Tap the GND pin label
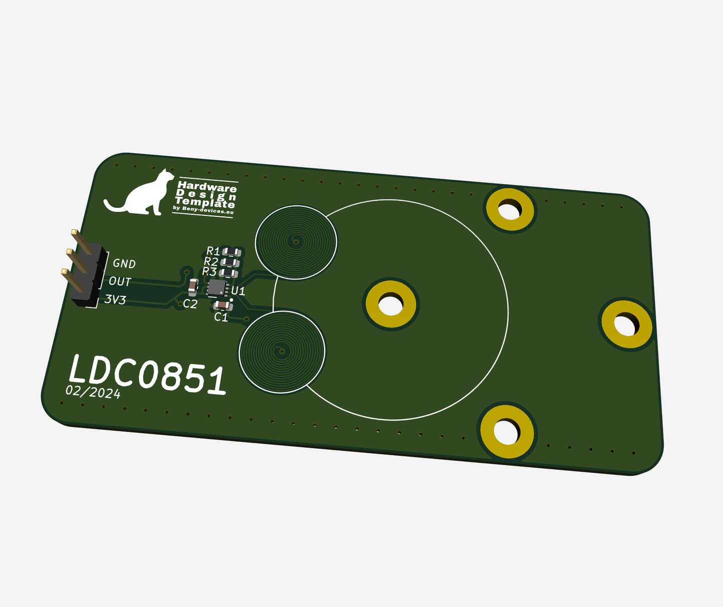click(x=124, y=263)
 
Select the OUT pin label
click(x=120, y=281)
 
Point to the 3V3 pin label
click(x=115, y=299)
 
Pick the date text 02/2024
click(x=93, y=392)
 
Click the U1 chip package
click(x=218, y=288)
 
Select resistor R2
click(x=230, y=262)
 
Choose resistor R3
click(x=229, y=273)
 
